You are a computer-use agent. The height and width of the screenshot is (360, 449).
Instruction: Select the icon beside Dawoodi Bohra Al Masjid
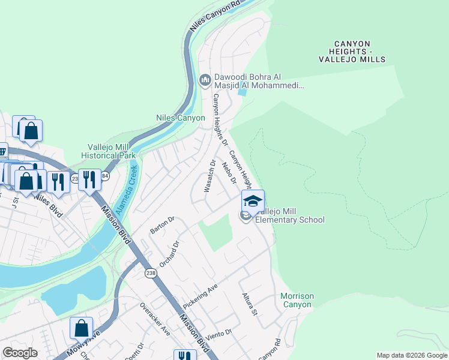tap(205, 79)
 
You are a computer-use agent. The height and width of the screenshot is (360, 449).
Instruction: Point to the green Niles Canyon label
tap(181, 118)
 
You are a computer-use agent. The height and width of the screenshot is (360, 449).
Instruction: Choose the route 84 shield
tap(105, 176)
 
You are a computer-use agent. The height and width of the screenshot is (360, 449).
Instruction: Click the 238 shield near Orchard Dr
tap(150, 273)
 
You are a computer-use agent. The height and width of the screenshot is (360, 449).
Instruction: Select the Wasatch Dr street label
tap(211, 175)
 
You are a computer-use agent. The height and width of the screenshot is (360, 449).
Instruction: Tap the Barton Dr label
tap(162, 226)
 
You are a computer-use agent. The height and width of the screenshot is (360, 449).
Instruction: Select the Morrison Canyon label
tap(297, 301)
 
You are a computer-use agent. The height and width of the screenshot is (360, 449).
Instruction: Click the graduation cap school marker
tap(253, 200)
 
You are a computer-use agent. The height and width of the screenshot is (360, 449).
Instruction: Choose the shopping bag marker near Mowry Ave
tap(81, 328)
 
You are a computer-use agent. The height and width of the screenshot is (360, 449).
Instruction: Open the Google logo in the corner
tap(20, 353)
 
